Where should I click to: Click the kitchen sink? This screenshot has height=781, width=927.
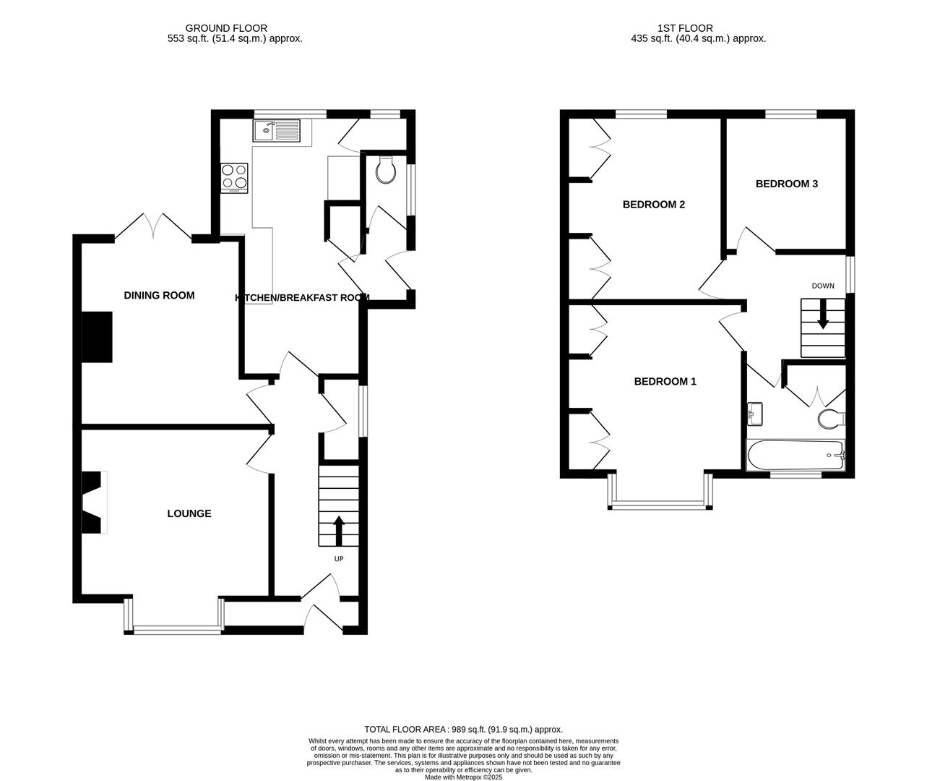click(276, 132)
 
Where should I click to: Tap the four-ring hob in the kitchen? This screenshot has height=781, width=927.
click(234, 176)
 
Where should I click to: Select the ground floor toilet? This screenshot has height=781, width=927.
click(387, 171)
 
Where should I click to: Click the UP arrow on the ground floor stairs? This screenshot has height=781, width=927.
click(338, 530)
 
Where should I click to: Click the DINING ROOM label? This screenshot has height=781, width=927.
click(159, 295)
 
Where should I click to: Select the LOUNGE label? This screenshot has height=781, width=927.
click(189, 513)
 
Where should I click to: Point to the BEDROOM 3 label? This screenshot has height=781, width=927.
click(786, 184)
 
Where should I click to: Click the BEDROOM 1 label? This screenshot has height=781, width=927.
click(665, 381)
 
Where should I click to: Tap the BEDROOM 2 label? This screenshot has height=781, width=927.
click(653, 205)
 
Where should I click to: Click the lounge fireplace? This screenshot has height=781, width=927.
click(94, 503)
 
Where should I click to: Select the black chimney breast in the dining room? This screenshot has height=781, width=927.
click(98, 336)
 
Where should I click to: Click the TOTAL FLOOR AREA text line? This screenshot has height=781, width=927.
click(463, 730)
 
